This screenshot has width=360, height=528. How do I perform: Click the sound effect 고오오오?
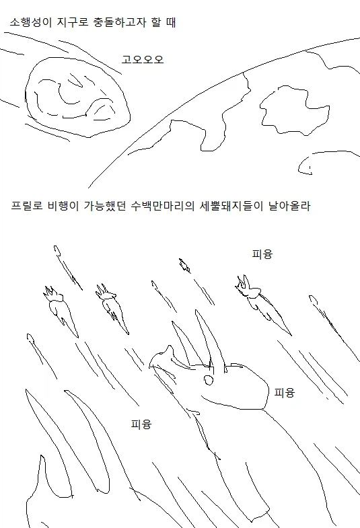[x=143, y=59]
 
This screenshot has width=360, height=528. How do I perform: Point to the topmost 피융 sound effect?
[x=262, y=254]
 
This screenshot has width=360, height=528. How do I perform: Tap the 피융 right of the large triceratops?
[x=285, y=393]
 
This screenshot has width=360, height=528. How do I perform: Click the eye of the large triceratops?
[x=208, y=381]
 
